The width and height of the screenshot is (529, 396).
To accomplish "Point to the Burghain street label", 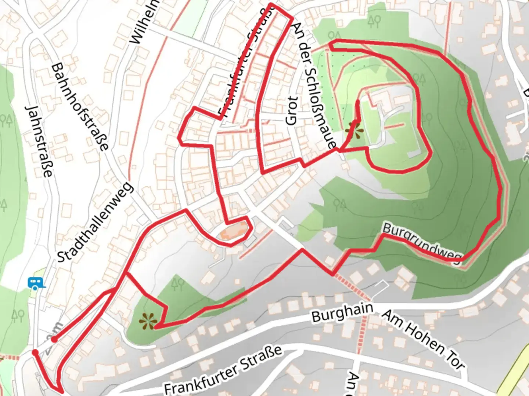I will (342, 313).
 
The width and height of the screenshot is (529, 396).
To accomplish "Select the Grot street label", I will (291, 110).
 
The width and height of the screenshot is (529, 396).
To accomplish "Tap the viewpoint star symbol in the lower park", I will (148, 322).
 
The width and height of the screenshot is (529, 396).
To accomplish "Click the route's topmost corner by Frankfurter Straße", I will (271, 5).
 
